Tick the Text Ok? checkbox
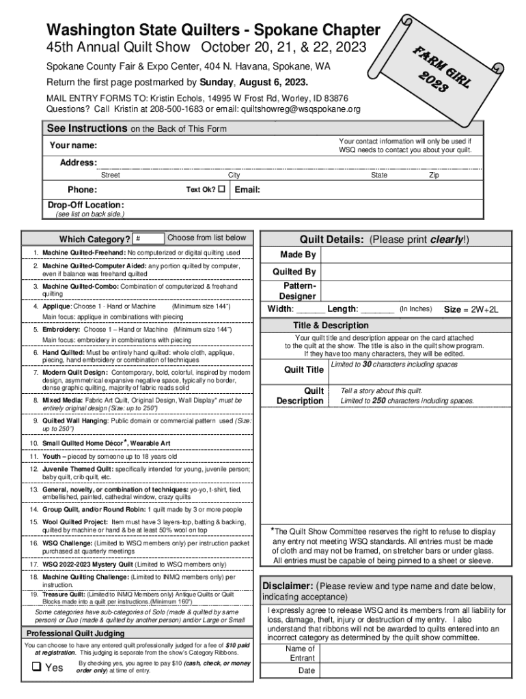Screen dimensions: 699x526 click(x=221, y=190)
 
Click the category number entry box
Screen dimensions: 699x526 click(x=148, y=238)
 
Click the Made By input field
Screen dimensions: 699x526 click(x=416, y=255)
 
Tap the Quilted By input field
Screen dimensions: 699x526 click(x=416, y=272)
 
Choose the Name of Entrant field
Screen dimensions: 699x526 click(x=413, y=653)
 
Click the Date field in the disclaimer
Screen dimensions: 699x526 click(x=413, y=671)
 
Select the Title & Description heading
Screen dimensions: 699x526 click(x=331, y=326)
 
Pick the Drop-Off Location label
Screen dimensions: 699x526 click(x=85, y=205)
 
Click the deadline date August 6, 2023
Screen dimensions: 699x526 click(x=277, y=83)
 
